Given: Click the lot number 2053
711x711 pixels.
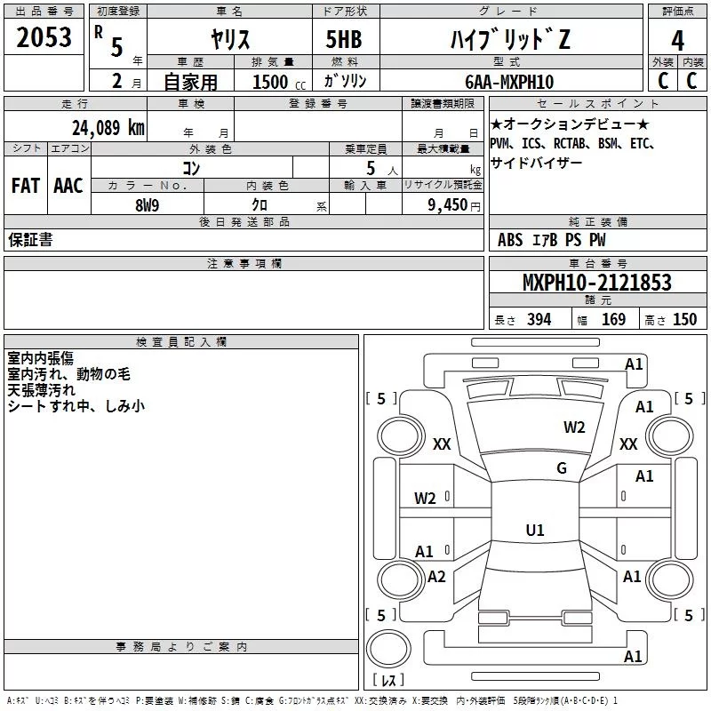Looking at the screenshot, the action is click(44, 39).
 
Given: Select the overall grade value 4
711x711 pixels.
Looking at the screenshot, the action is click(677, 40).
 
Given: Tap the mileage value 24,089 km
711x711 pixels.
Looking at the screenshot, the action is click(108, 127).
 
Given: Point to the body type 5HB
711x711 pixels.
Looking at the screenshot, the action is click(344, 40).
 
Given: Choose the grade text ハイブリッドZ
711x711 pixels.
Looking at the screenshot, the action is click(507, 40).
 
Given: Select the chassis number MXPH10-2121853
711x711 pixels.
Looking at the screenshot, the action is click(596, 283).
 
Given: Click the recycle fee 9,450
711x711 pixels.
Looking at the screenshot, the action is click(448, 205).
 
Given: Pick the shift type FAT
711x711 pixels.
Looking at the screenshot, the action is click(25, 186).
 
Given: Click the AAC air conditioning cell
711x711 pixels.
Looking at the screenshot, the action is click(68, 186).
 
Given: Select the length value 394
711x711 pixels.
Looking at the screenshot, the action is click(539, 320).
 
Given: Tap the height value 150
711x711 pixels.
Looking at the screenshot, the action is click(684, 320).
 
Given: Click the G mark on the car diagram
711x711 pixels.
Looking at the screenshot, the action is click(562, 468).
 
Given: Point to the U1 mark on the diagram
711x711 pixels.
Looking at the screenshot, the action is click(534, 531).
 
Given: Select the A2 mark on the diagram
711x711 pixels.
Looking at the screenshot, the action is click(436, 576).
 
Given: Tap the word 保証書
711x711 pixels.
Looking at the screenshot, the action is click(30, 240).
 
